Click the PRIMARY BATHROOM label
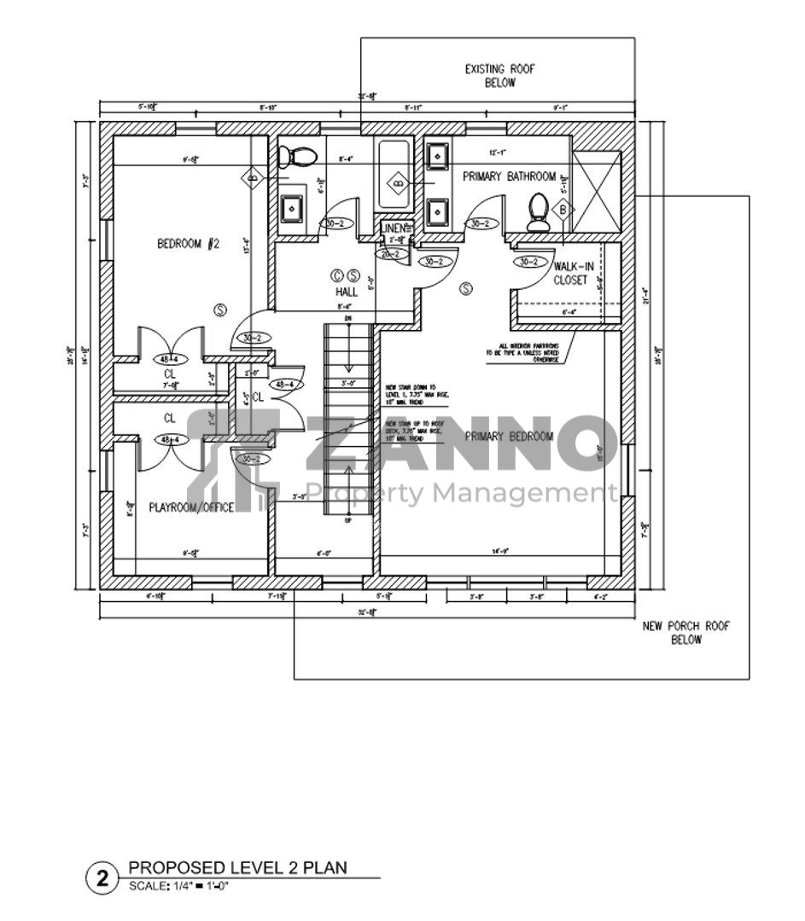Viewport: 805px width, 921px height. [509, 177]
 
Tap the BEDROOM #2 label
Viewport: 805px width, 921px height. [189, 244]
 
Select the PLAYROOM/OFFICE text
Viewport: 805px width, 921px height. [192, 507]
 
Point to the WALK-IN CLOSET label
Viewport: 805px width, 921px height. [573, 273]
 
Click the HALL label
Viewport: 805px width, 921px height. [346, 292]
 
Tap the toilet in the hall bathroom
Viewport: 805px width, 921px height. [299, 156]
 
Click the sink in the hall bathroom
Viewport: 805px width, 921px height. [293, 209]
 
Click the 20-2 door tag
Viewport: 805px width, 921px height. [391, 254]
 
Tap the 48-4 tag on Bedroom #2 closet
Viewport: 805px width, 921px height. [171, 359]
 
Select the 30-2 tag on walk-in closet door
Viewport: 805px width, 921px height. [528, 262]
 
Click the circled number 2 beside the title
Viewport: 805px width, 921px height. [102, 878]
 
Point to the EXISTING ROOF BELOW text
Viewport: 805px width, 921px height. [499, 76]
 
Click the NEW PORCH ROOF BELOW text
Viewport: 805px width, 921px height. [685, 633]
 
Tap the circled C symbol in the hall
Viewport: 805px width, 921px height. [337, 275]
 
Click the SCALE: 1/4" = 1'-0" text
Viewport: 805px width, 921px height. [179, 886]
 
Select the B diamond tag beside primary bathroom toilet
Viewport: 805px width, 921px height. [562, 209]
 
